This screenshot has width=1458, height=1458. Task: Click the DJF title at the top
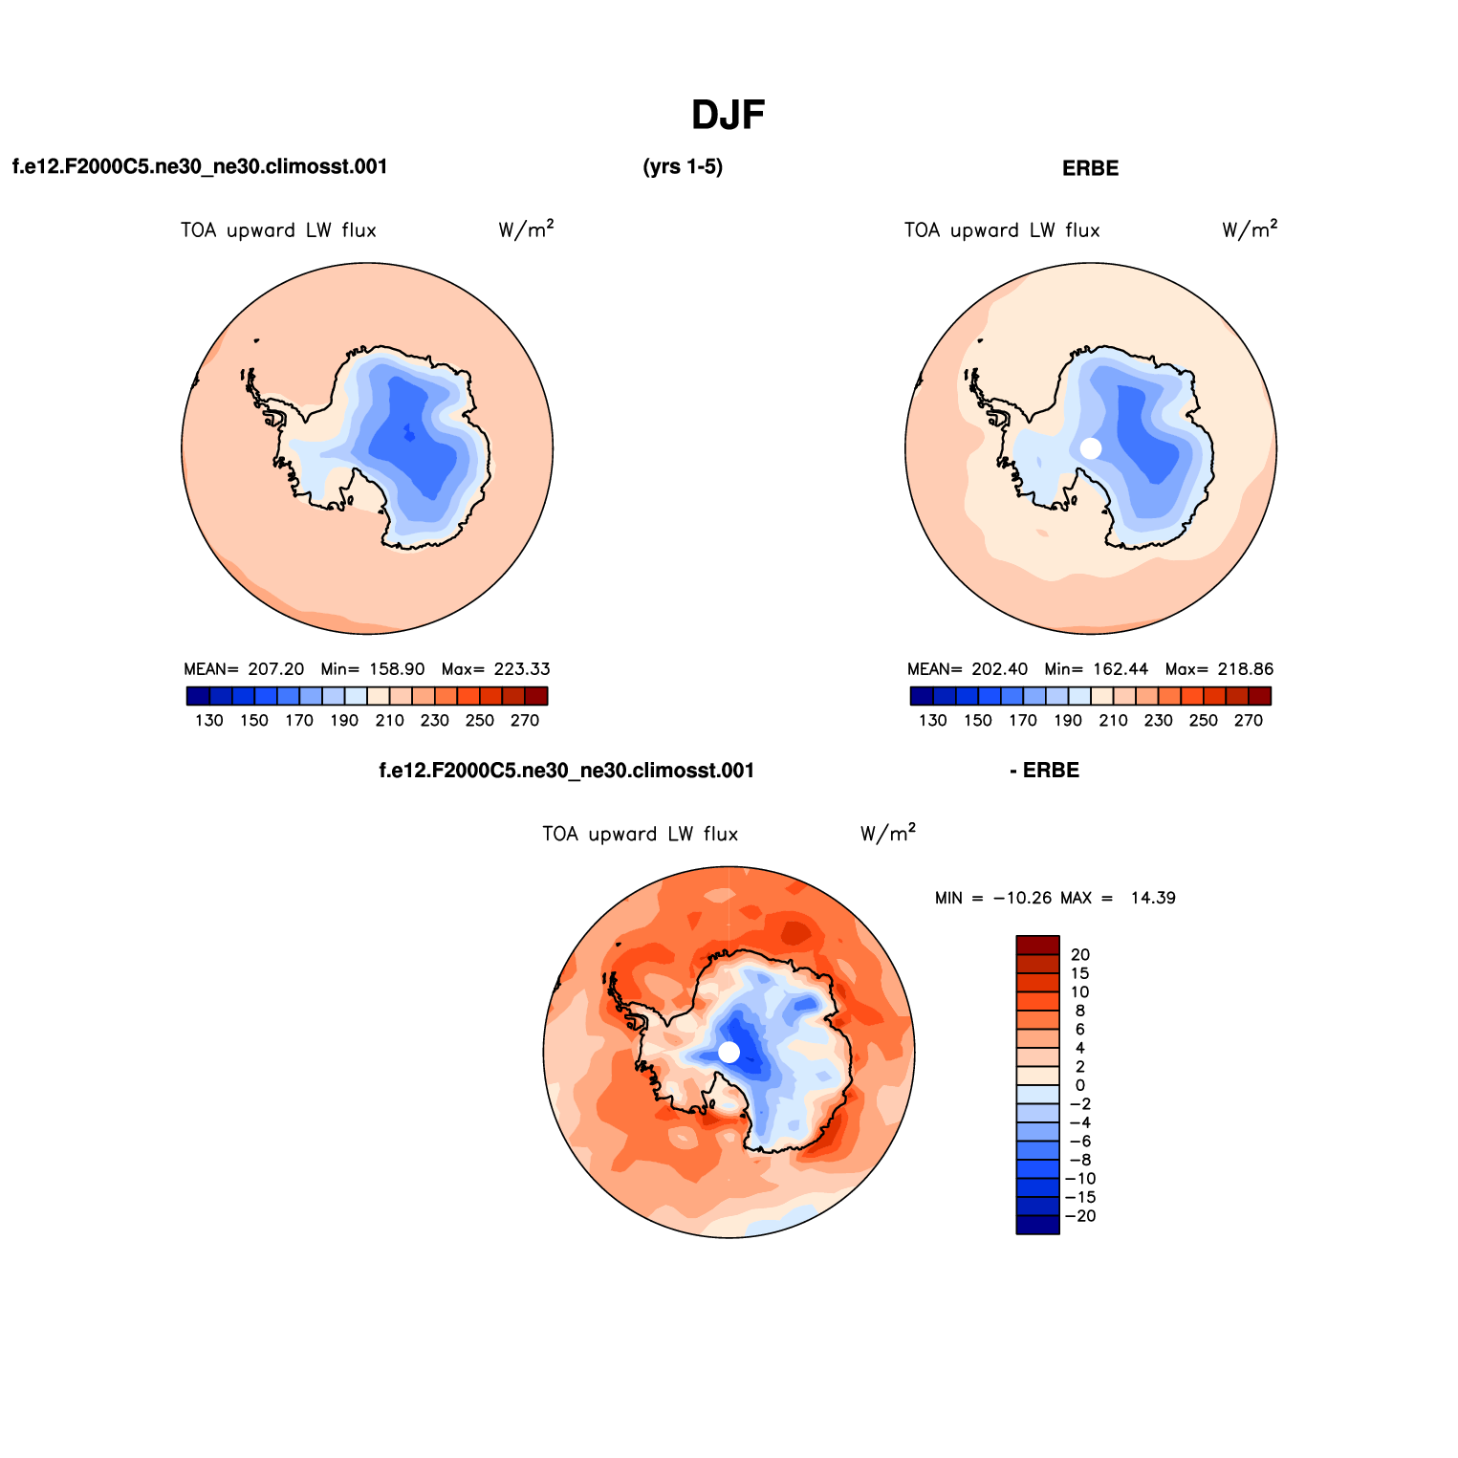(x=728, y=116)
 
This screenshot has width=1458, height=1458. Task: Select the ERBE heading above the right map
(x=1090, y=168)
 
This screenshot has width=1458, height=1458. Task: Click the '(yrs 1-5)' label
(x=683, y=167)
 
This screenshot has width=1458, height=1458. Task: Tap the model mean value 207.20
(x=275, y=669)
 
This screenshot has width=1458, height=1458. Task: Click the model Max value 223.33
(x=522, y=669)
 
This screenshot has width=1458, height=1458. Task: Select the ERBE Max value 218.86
(x=1245, y=669)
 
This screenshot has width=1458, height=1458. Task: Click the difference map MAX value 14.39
(x=1152, y=898)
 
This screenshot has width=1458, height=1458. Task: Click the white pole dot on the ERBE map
(x=1090, y=448)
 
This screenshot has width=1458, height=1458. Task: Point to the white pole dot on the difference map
(x=729, y=1053)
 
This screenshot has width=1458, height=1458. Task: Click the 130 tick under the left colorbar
(x=208, y=721)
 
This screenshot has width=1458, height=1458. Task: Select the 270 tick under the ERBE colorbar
(x=1248, y=721)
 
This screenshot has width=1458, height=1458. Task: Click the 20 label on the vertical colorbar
(x=1080, y=954)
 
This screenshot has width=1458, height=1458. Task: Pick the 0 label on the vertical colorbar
(x=1080, y=1085)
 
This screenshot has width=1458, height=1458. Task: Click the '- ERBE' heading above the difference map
(x=1044, y=771)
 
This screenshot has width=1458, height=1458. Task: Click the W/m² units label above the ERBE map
(x=1249, y=229)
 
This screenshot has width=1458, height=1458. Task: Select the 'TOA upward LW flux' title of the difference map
(x=640, y=834)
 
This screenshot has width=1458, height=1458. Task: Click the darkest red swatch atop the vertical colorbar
(x=1037, y=945)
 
